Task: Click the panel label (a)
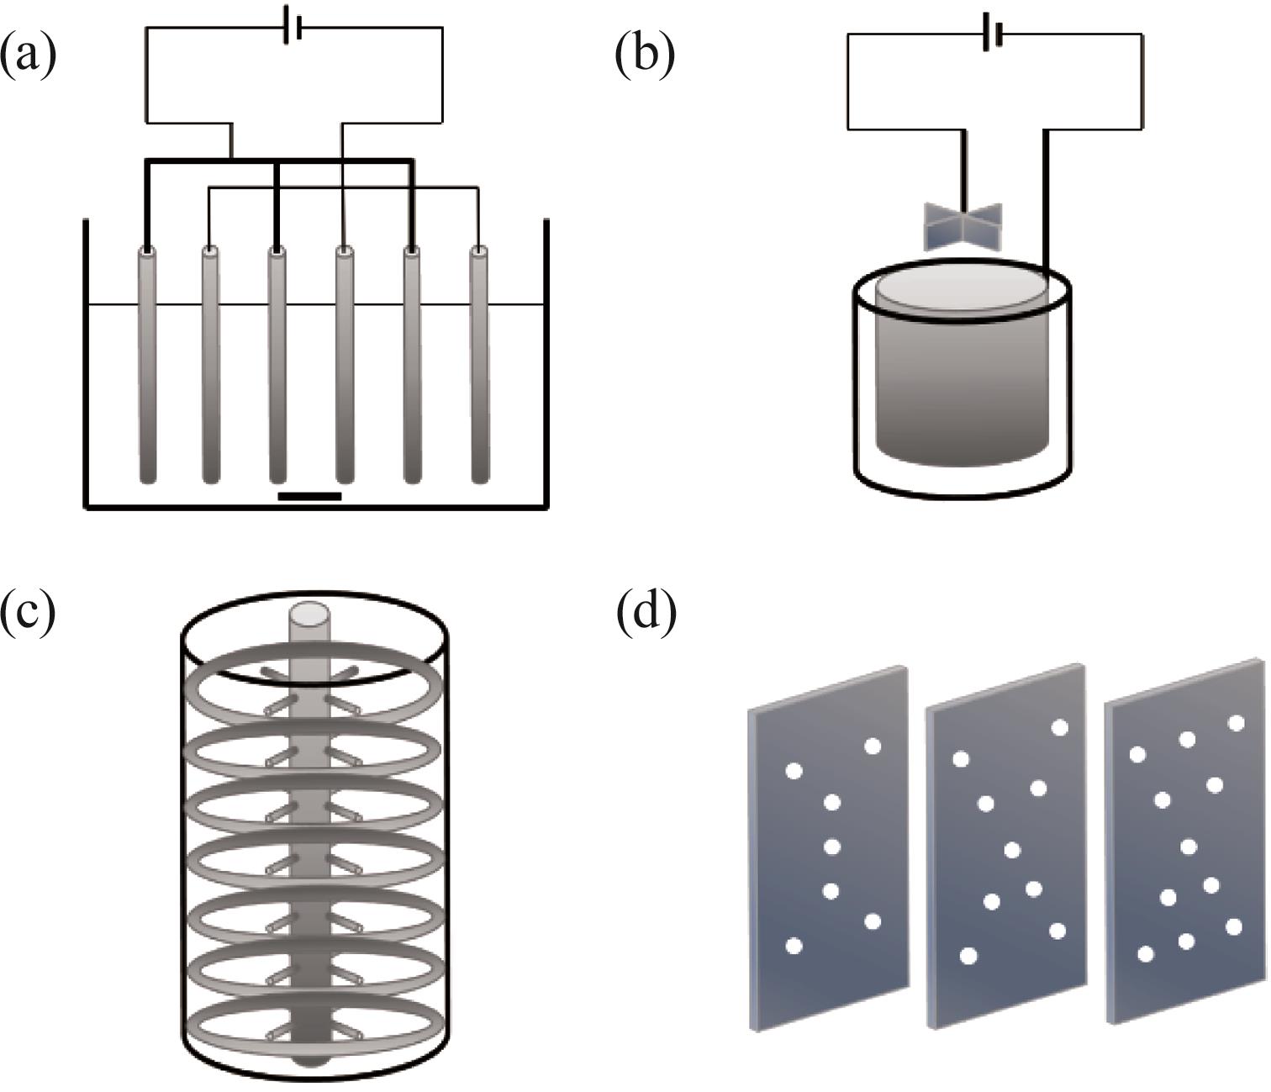[x=29, y=55]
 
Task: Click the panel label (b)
[x=645, y=55]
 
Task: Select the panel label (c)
[x=29, y=611]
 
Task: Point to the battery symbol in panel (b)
[x=993, y=35]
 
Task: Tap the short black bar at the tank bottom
[x=309, y=496]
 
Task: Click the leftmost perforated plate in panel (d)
[x=828, y=849]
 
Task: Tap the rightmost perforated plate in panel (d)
[x=1185, y=841]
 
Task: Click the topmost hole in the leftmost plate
[x=872, y=746]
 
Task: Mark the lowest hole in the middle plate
[x=968, y=956]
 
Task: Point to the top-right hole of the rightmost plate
[x=1236, y=723]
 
